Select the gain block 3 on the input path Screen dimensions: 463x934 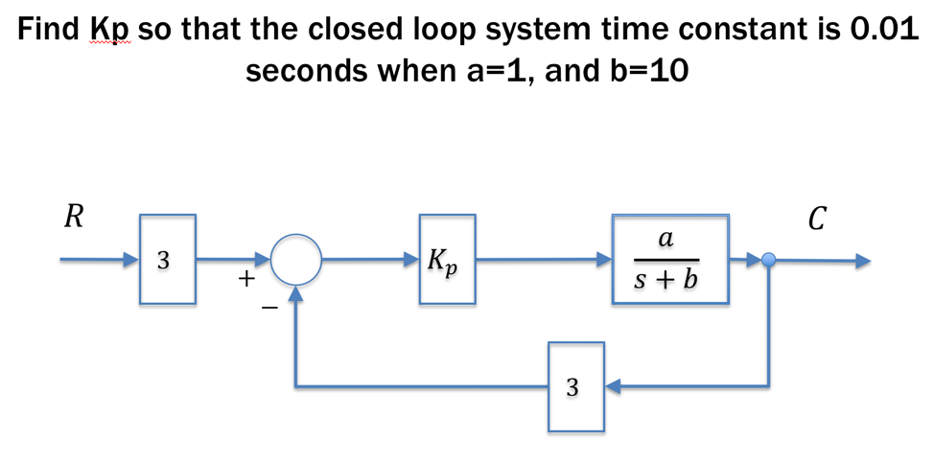(168, 259)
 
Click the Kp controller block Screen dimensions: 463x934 (447, 259)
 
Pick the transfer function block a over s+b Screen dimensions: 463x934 (669, 259)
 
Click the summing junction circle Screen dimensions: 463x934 (296, 259)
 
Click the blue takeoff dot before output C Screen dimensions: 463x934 (768, 259)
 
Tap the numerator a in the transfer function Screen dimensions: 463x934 (666, 240)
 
